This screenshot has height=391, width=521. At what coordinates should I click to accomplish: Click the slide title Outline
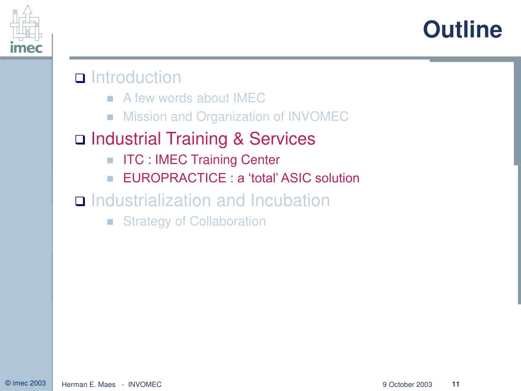click(462, 30)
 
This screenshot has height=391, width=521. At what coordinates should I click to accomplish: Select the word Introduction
click(136, 77)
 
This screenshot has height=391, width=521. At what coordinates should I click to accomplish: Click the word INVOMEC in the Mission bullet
click(318, 117)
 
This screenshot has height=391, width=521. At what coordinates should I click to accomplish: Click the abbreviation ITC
click(134, 160)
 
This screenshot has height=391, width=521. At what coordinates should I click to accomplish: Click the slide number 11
click(455, 383)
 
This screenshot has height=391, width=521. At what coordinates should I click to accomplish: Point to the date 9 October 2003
click(407, 384)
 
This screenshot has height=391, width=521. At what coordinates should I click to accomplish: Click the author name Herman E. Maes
click(89, 384)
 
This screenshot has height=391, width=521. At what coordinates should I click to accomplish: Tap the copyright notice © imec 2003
click(25, 383)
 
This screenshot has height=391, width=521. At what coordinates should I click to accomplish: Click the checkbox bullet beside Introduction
click(80, 78)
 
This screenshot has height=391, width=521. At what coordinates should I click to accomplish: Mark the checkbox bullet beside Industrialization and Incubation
click(80, 202)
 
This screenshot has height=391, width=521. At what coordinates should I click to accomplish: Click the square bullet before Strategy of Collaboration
click(109, 222)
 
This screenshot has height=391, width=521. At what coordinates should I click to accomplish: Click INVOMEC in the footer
click(145, 384)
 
